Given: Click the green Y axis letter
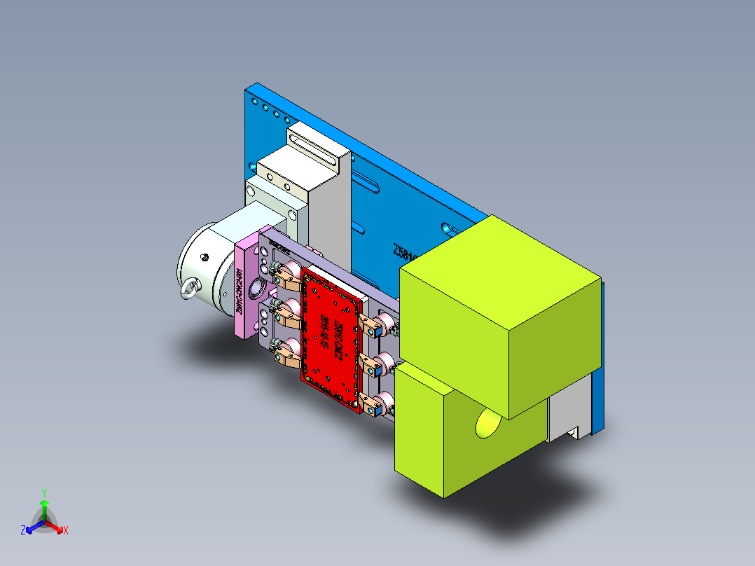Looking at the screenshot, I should pos(43,492).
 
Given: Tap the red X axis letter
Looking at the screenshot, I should pos(66,530).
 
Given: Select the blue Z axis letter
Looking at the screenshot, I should pos(23,530).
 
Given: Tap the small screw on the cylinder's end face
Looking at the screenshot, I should pos(205,257).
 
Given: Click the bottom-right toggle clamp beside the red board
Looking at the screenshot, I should pos(378,404).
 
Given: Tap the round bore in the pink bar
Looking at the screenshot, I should pos(257,286).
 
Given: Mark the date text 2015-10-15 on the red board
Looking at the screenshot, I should pos(324,333).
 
